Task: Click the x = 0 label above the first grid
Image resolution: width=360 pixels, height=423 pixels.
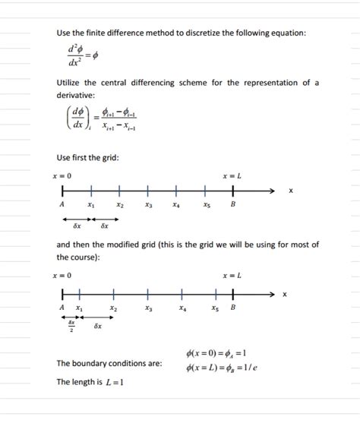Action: pos(62,176)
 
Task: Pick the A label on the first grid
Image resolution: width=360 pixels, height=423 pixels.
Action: pos(62,205)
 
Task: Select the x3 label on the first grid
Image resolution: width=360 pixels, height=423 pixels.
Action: pos(149,206)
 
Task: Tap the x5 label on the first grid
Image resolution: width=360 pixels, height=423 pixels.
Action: pos(207,206)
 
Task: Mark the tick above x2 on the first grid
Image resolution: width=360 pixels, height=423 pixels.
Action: pos(119,191)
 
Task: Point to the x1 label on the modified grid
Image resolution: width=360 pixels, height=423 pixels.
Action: pos(80,308)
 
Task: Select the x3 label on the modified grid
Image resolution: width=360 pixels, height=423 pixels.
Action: pos(149,309)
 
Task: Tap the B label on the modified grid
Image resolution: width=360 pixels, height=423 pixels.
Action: pos(233,308)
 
